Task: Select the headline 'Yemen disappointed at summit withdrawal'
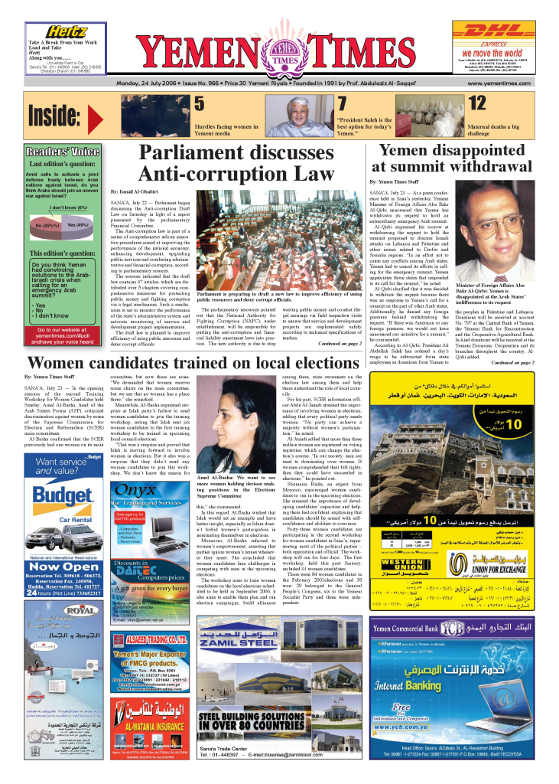coord(456,158)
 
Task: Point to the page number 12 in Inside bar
coord(476,104)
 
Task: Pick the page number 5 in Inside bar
coord(199,104)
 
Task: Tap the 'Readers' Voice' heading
coord(62,152)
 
